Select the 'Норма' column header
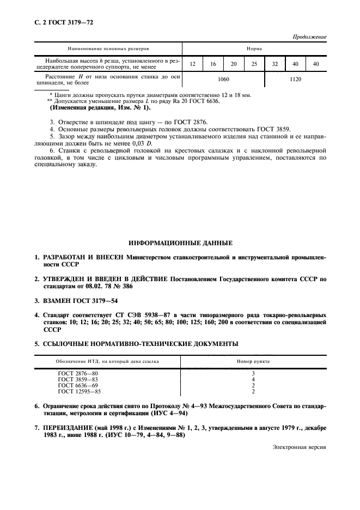(x=254, y=48)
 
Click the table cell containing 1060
(x=223, y=80)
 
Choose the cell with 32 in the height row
(x=275, y=64)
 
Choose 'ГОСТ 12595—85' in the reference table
(x=80, y=391)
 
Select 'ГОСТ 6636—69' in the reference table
(x=77, y=385)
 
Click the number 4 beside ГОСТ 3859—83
(x=254, y=379)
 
